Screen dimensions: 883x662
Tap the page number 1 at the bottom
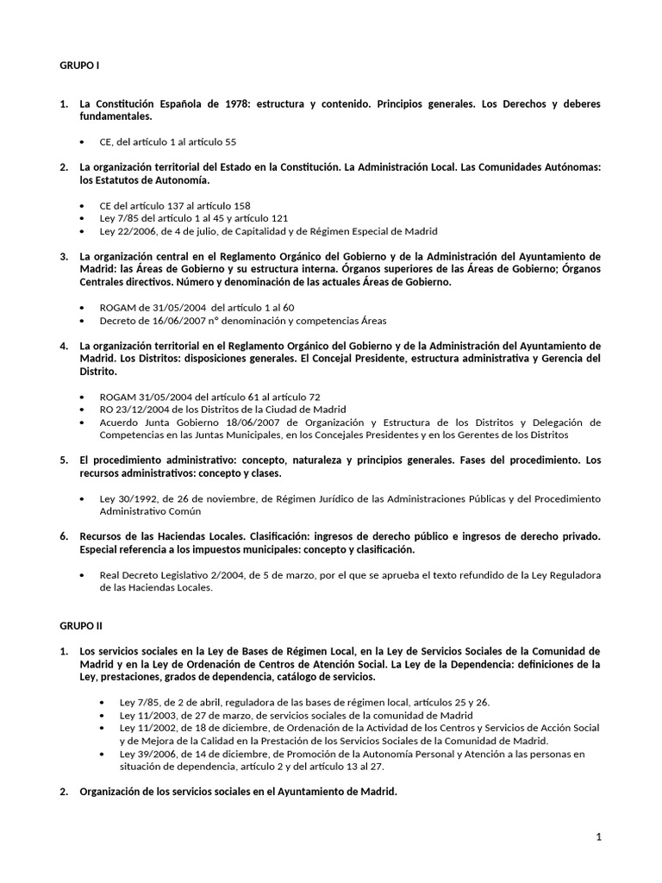click(598, 837)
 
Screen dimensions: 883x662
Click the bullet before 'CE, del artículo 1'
click(81, 141)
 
